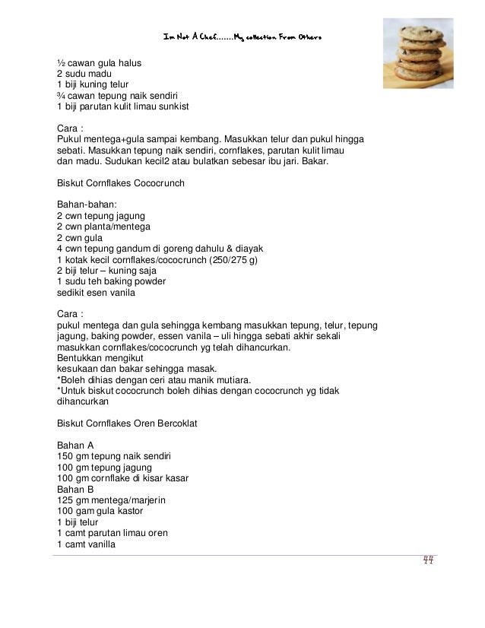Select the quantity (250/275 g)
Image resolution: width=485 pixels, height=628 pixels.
tap(232, 261)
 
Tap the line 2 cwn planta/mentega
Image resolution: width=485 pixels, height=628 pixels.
tap(103, 227)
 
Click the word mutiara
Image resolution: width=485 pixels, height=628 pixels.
tap(236, 380)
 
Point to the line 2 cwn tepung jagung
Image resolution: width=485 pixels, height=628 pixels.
tap(100, 217)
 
